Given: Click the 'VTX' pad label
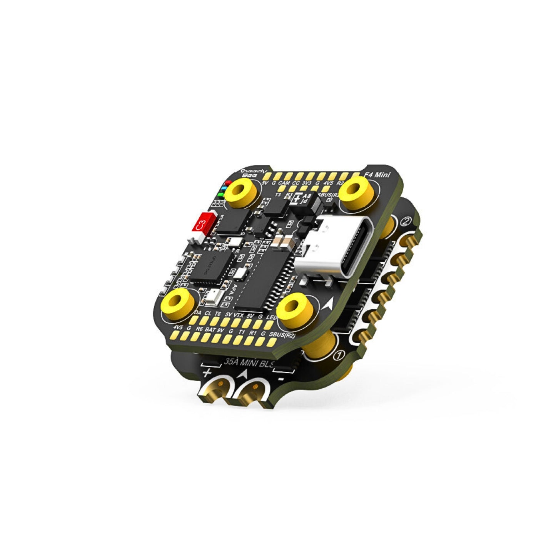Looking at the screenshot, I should click(239, 314).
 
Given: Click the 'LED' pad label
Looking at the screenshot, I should click(272, 317).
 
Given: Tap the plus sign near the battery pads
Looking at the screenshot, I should click(207, 372).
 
